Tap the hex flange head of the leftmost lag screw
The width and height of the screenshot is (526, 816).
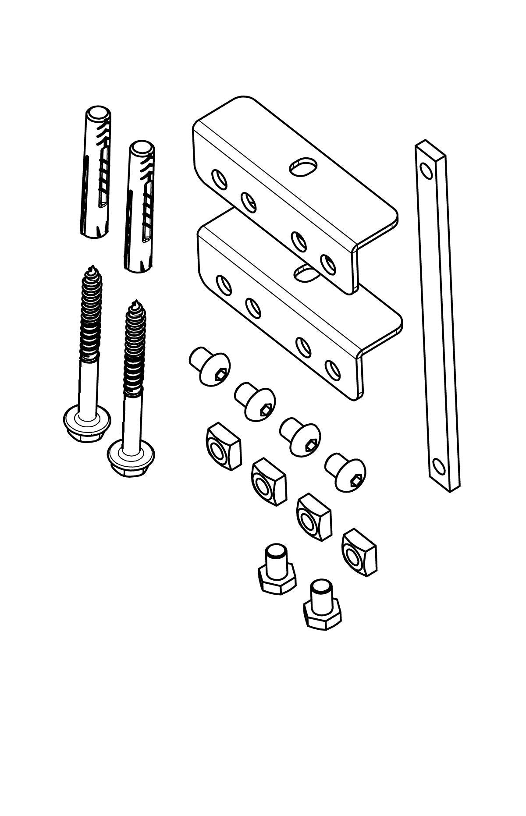pos(85,420)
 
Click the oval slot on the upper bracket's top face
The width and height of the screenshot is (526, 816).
pos(303,167)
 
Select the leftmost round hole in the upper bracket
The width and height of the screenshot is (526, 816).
pos(219,179)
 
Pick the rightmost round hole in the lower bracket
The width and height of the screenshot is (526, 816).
pos(332,369)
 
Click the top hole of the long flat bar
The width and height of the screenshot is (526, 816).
pos(425,169)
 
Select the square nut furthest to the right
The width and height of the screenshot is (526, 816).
pos(360,552)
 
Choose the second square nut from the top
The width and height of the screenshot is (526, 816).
pos(268,483)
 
